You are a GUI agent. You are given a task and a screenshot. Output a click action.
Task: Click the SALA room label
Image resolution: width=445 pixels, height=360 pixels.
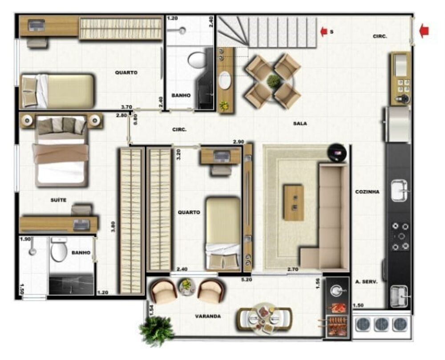click(300, 124)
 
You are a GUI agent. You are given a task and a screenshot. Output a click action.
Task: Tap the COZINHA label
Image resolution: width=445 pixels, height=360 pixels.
click(367, 192)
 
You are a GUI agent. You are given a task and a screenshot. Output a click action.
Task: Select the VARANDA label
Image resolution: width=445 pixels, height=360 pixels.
click(208, 316)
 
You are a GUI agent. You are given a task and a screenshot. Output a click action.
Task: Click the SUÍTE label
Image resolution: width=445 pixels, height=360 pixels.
click(58, 200)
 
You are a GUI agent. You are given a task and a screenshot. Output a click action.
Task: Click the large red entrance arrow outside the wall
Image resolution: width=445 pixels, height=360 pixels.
click(424, 31)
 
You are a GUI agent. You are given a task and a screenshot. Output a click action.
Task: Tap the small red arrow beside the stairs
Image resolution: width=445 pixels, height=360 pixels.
click(324, 31)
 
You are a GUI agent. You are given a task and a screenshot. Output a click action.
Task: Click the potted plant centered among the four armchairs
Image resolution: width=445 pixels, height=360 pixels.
click(273, 81)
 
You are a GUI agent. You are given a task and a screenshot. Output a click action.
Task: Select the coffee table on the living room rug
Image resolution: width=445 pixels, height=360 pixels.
click(294, 203)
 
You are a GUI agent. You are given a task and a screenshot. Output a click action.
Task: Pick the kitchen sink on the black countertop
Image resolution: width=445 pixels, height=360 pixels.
click(400, 190)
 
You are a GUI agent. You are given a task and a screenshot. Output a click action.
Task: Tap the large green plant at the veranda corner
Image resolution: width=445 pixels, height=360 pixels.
click(156, 331)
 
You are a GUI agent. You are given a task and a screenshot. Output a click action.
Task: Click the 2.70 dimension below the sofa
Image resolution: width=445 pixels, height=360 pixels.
click(293, 270)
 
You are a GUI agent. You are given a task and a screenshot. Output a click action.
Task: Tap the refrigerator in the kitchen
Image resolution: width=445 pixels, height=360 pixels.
click(398, 124)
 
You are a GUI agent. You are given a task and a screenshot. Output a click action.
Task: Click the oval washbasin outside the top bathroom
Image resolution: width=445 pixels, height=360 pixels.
click(226, 81)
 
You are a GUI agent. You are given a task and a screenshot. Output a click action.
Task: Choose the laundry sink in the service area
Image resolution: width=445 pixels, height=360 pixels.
click(399, 296)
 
